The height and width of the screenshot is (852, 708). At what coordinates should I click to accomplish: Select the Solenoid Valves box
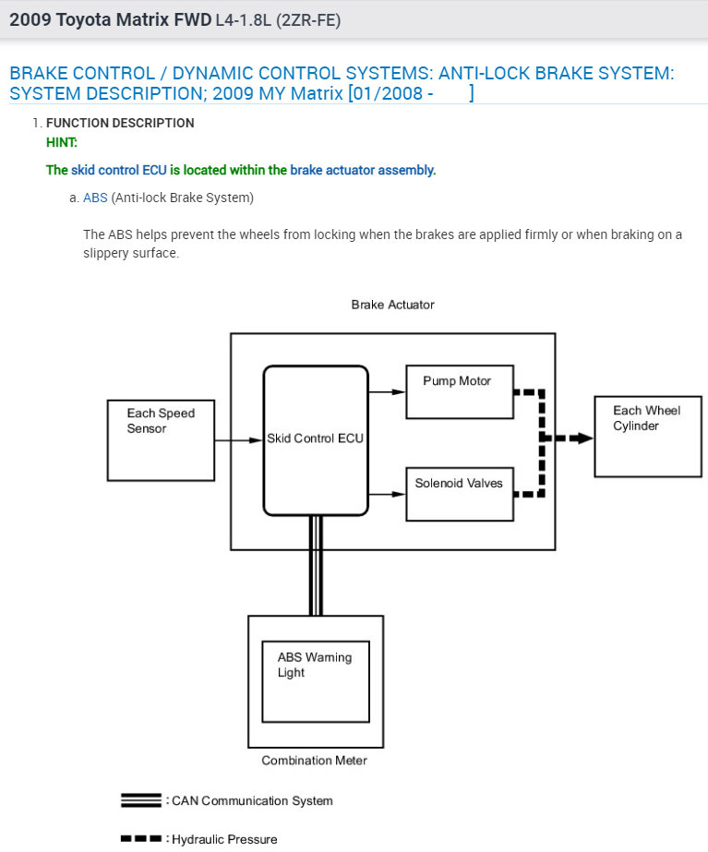coord(460,494)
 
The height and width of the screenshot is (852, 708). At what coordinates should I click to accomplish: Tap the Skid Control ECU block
coord(316,439)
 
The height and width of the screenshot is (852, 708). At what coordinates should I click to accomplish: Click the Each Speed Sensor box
coord(161,439)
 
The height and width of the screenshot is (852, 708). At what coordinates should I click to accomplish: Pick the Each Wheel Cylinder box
coord(647,436)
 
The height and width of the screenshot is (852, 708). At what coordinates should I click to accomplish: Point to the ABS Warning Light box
coord(316,681)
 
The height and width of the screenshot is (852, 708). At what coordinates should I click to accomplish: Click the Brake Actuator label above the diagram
coord(392,305)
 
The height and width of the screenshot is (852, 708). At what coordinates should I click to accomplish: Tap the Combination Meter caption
coord(314,761)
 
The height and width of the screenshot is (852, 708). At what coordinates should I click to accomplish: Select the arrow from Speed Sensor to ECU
coord(239,440)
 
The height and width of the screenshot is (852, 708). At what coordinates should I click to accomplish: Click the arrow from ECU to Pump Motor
coord(388,391)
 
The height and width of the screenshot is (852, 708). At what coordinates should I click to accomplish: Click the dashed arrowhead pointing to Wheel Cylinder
coord(582,438)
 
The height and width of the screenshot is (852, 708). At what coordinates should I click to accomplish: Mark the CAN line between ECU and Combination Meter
coord(316,565)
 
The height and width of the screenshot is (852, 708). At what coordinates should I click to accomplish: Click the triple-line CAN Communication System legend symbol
coord(141,800)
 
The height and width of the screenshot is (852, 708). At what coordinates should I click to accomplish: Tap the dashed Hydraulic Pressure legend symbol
coord(141,839)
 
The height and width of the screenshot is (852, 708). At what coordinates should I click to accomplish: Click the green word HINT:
coord(62,142)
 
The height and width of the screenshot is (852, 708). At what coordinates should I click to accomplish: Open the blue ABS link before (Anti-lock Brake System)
coord(95,198)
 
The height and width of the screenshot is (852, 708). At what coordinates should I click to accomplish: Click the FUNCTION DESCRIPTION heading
coord(120,123)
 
